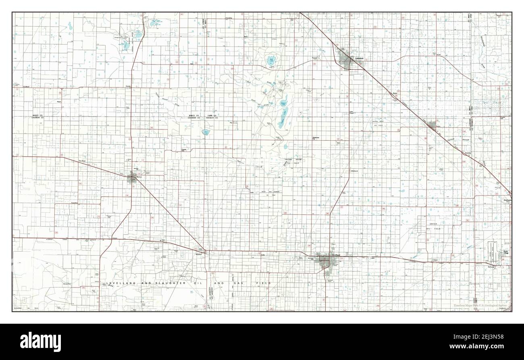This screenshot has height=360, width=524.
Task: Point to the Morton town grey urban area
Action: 132,178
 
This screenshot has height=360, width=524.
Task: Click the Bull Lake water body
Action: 271,61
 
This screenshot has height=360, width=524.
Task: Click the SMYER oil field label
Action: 433,223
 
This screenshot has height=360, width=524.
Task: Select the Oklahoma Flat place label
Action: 316,139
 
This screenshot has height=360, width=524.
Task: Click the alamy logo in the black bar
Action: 36,340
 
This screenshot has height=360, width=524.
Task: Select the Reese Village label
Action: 505,252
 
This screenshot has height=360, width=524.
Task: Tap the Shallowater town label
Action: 507,200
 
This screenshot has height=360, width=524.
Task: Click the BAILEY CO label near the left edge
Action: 38,116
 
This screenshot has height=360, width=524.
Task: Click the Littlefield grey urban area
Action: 346,61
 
